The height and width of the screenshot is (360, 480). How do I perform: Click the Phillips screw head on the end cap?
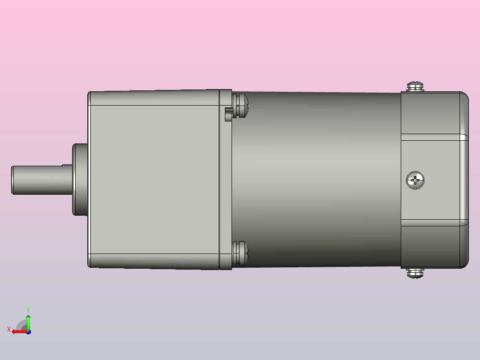tap(415, 180)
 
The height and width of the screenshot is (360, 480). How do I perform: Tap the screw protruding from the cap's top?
tap(415, 86)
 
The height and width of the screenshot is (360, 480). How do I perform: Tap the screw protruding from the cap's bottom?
tap(415, 273)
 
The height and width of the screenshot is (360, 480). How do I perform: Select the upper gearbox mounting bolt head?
tap(241, 106)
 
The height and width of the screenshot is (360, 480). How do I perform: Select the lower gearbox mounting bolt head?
tap(241, 254)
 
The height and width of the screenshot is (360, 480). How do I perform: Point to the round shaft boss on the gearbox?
tap(80, 180)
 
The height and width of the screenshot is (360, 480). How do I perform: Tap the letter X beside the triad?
tap(9, 330)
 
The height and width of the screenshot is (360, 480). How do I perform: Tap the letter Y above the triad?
tap(28, 309)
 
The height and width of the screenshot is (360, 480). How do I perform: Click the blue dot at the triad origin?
tap(28, 331)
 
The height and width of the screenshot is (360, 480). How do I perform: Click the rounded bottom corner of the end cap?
tap(464, 263)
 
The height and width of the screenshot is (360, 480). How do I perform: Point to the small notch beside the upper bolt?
tap(228, 114)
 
